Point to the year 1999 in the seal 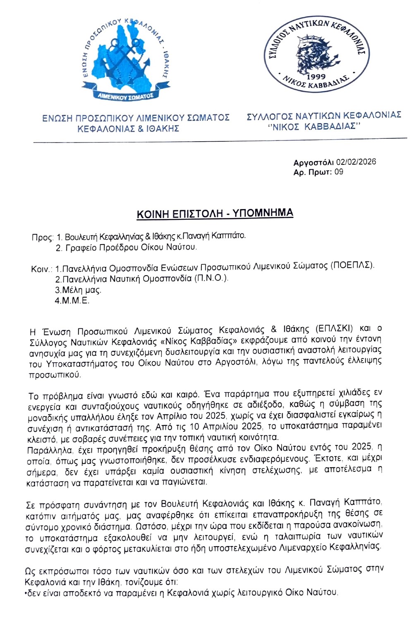[x=316, y=77]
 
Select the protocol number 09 [x=339, y=172]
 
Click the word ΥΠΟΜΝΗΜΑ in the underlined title [x=262, y=213]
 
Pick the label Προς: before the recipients [x=43, y=238]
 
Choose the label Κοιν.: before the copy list [x=42, y=269]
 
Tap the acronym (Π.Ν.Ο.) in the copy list [x=211, y=278]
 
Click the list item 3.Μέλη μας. [x=78, y=290]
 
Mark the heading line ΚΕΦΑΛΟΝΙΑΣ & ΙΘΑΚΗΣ [x=128, y=129]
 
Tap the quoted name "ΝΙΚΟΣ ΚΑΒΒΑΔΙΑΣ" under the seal [x=314, y=126]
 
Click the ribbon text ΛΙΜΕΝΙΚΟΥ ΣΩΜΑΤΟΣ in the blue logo [x=126, y=97]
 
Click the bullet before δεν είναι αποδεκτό [x=26, y=593]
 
